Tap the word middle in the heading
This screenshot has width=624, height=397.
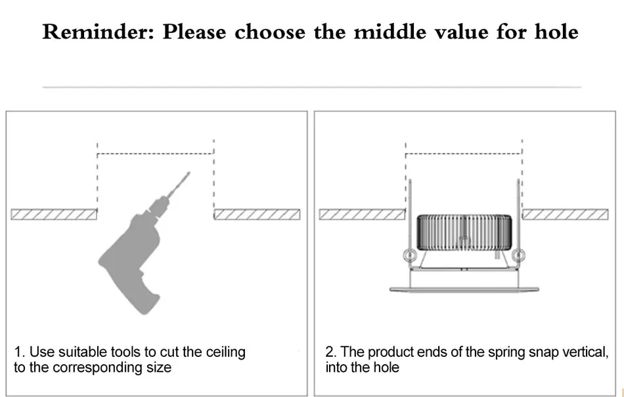(390, 31)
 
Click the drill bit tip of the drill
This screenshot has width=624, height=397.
(189, 173)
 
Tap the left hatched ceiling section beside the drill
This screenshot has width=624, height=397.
(54, 214)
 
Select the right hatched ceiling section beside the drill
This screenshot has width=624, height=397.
(257, 214)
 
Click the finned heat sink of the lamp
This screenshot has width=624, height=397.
(464, 232)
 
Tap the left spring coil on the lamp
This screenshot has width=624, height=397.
(409, 255)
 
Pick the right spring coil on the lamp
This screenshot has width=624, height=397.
(518, 255)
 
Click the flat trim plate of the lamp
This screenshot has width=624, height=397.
(464, 289)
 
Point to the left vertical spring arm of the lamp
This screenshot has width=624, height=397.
(410, 215)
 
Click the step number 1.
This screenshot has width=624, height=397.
(18, 352)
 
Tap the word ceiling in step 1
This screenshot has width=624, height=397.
(225, 353)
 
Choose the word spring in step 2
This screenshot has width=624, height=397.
(506, 353)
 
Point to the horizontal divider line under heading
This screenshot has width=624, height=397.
(312, 87)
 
